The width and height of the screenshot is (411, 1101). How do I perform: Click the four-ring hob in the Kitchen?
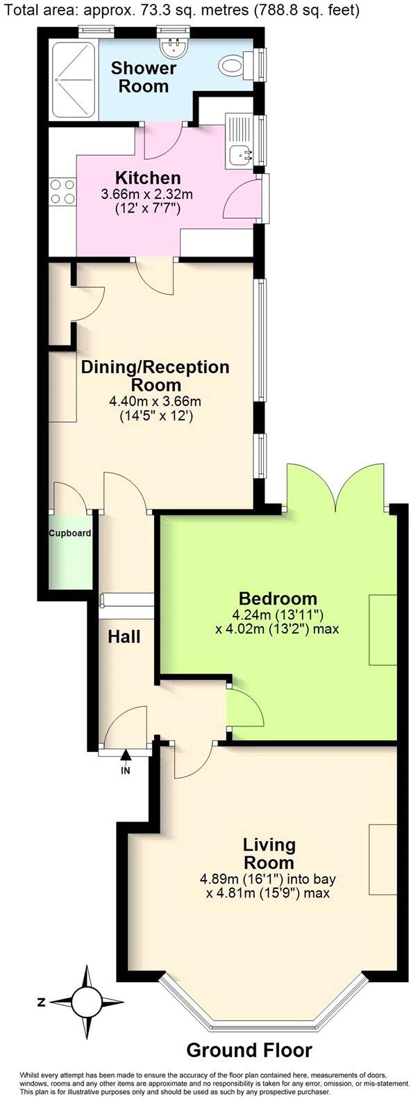[x=61, y=191]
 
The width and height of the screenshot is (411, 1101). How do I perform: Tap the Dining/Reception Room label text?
[x=155, y=375]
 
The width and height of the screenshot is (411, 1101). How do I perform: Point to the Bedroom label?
[x=278, y=598]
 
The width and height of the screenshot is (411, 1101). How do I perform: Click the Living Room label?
[x=269, y=854]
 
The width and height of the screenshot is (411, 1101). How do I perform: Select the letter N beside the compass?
[x=42, y=1002]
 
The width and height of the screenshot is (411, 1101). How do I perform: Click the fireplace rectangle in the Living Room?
[x=380, y=858]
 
